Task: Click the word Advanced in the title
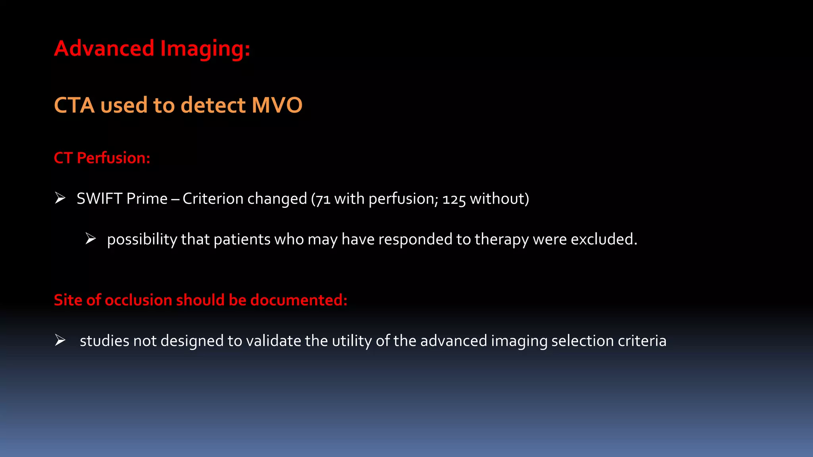(104, 48)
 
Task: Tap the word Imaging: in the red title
(205, 49)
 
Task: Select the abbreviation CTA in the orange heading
(74, 106)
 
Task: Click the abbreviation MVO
(277, 106)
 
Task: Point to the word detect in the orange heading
(213, 106)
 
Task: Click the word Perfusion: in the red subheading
(114, 158)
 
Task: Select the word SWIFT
(99, 198)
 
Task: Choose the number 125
(454, 199)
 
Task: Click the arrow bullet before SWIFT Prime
(60, 198)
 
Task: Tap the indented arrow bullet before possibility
(91, 238)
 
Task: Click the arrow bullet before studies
(60, 340)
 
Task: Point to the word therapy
(501, 240)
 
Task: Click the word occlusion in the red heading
(138, 300)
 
